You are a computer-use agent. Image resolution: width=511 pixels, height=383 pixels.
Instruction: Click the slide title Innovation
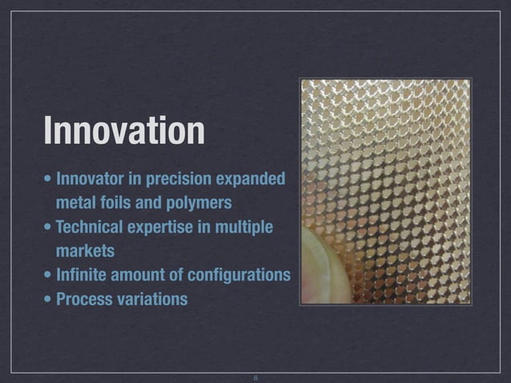pyautogui.click(x=124, y=130)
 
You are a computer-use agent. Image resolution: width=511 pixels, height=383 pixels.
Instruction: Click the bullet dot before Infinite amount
pyautogui.click(x=49, y=276)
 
